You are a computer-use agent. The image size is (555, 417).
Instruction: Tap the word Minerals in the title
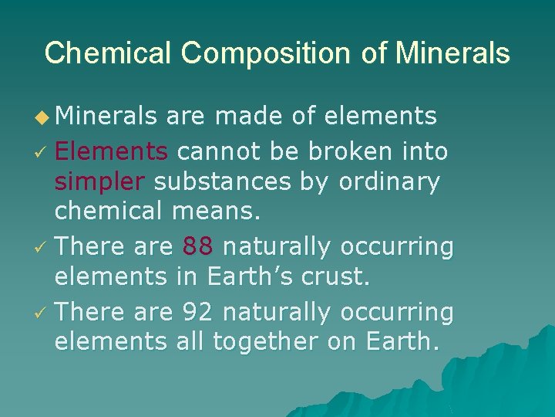(x=452, y=53)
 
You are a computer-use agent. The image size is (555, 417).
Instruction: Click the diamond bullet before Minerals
(x=43, y=117)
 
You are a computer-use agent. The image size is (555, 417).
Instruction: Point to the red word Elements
(x=111, y=151)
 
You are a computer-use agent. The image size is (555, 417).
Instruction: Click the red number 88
(x=199, y=247)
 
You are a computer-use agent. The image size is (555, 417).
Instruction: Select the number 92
(x=199, y=312)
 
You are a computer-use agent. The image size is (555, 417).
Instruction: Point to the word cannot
(x=220, y=151)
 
